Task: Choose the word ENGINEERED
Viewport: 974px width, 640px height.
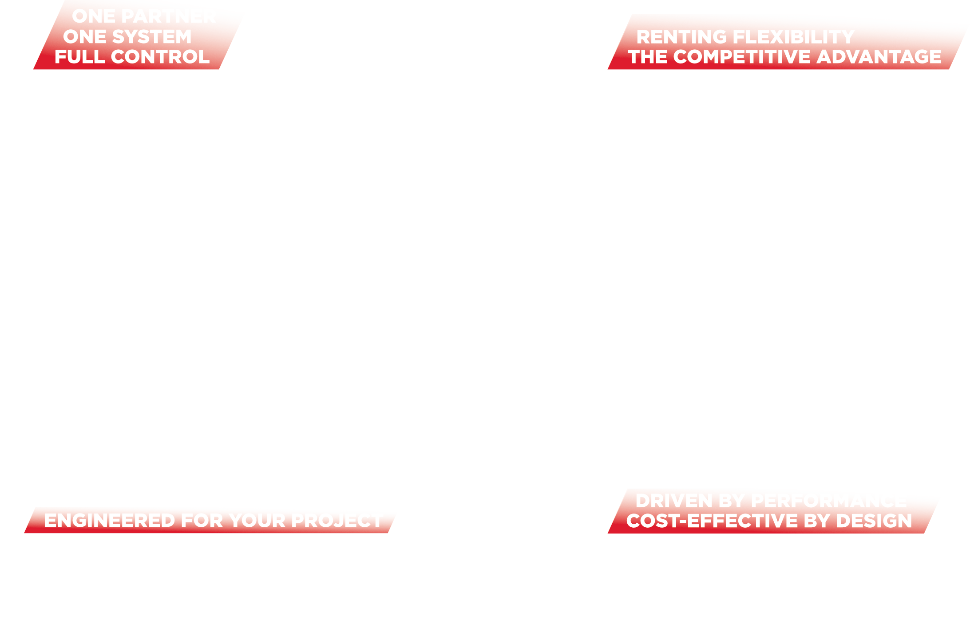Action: [109, 521]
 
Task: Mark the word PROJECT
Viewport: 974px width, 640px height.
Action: [337, 521]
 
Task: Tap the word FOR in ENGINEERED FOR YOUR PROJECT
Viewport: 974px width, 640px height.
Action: [202, 521]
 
